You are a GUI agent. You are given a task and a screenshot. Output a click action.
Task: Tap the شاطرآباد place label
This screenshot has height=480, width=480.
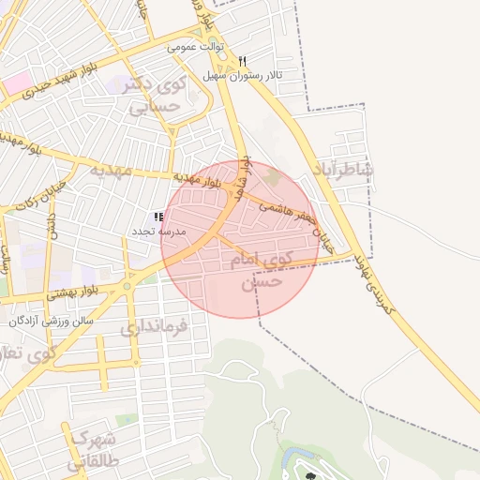345,170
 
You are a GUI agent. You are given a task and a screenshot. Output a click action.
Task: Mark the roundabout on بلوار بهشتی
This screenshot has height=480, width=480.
126,285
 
